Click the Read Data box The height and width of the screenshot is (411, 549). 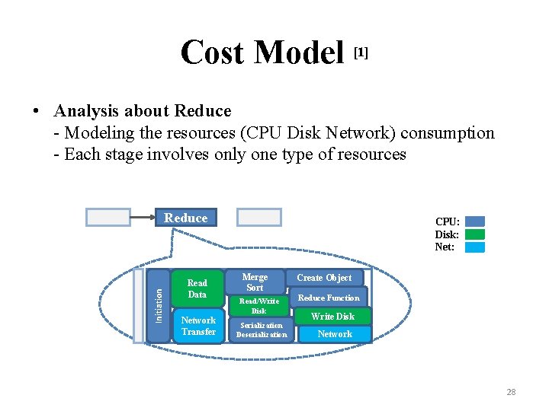click(197, 288)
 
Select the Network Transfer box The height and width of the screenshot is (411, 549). click(198, 327)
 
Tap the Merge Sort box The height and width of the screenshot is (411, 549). click(255, 282)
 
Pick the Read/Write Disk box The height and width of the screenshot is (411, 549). click(259, 306)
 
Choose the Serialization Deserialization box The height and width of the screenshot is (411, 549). click(262, 330)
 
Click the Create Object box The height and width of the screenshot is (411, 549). click(324, 278)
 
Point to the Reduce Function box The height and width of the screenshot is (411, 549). click(329, 298)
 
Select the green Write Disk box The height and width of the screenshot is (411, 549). click(333, 316)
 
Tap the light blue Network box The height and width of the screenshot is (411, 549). click(335, 334)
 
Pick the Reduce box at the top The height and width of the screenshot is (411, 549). click(185, 218)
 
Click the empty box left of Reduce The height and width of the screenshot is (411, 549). click(108, 218)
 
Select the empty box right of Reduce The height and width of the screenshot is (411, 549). click(259, 218)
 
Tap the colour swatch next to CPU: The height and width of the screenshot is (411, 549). click(474, 222)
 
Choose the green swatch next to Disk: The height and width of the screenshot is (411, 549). click(474, 234)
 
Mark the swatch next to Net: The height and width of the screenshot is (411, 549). click(474, 247)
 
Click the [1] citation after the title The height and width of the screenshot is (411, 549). click(361, 52)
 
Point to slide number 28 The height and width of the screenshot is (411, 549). click(511, 392)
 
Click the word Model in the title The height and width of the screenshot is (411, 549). click(299, 53)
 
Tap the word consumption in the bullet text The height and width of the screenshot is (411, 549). click(449, 133)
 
